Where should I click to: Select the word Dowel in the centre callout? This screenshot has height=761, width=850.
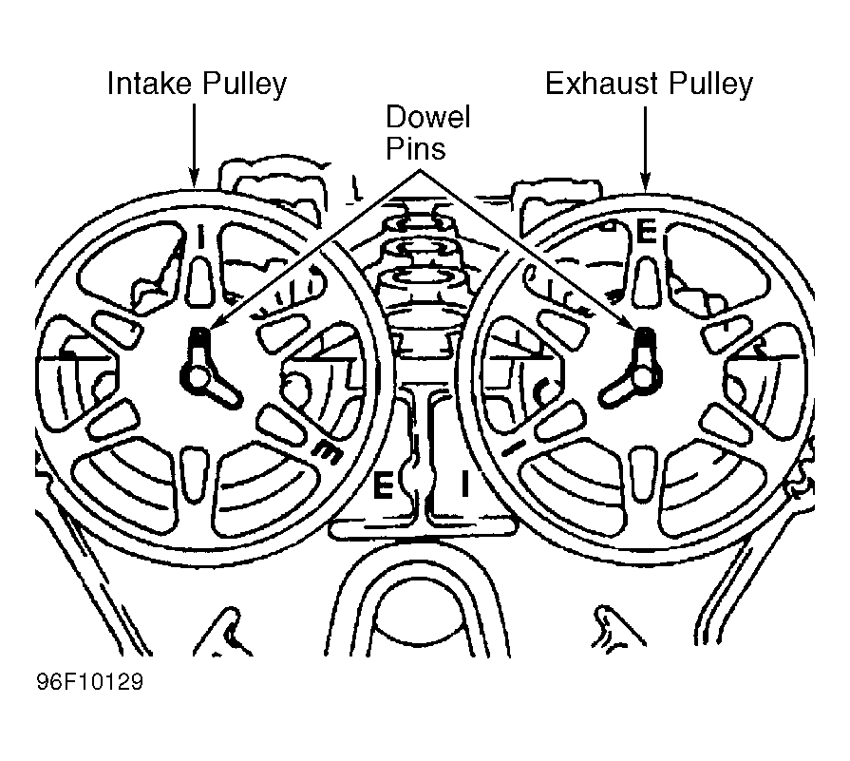pyautogui.click(x=427, y=119)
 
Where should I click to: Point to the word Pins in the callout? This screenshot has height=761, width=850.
pyautogui.click(x=414, y=149)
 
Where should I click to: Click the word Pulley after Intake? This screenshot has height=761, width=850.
pyautogui.click(x=240, y=86)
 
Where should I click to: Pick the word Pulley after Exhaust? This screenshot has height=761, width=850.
pyautogui.click(x=707, y=86)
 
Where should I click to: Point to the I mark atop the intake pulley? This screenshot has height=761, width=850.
pyautogui.click(x=200, y=238)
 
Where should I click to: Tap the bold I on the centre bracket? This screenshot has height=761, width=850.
pyautogui.click(x=464, y=484)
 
